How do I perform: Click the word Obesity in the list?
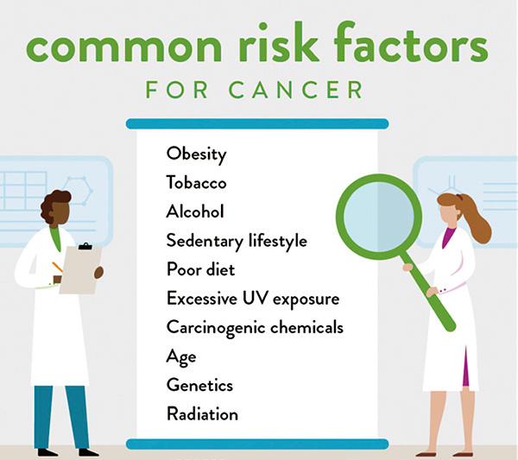click(x=196, y=154)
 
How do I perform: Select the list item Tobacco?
click(x=196, y=183)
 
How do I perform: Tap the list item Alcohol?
click(x=195, y=211)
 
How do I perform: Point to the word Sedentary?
click(x=205, y=241)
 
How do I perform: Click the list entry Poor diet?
click(x=200, y=269)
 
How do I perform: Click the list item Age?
click(x=181, y=357)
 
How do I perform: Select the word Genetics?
click(x=199, y=385)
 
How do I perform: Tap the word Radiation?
click(x=202, y=413)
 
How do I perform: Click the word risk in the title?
click(x=278, y=42)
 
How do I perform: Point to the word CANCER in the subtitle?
click(x=296, y=90)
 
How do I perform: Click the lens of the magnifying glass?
click(x=379, y=217)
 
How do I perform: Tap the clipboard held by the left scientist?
click(x=80, y=270)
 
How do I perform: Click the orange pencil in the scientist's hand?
click(x=57, y=268)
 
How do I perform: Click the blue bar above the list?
click(x=257, y=123)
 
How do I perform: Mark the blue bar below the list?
click(x=257, y=444)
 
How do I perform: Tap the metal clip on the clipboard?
click(x=85, y=247)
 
